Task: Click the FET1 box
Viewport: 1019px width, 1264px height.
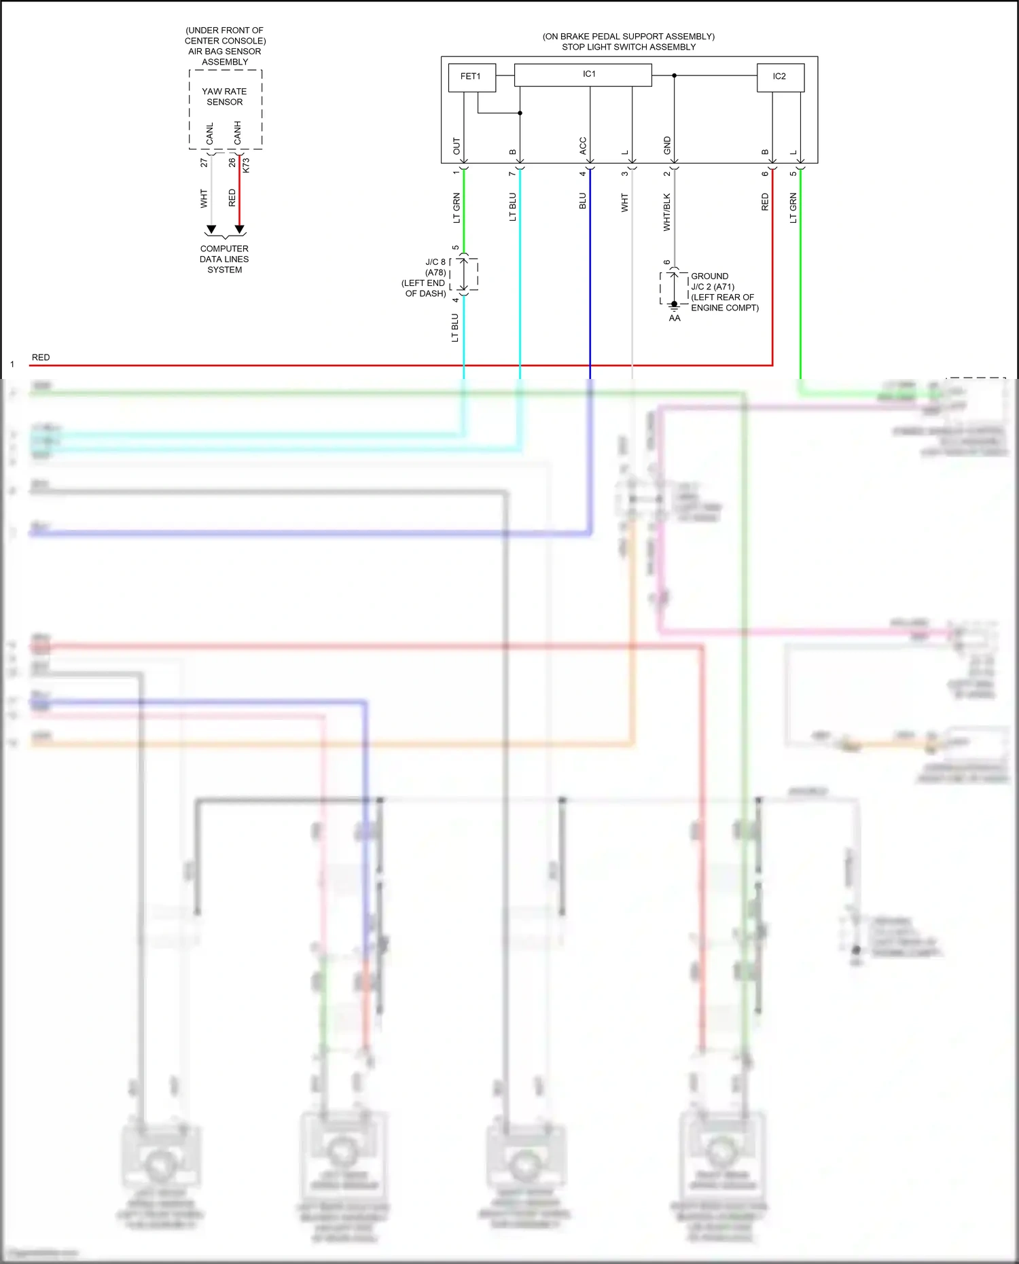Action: [x=471, y=77]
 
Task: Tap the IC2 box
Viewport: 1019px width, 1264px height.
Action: [x=780, y=77]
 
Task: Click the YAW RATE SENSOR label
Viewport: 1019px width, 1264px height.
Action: [x=225, y=96]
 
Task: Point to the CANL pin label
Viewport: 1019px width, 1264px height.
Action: [x=210, y=133]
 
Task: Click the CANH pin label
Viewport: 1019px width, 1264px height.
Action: [x=238, y=132]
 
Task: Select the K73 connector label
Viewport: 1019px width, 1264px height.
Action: [x=246, y=165]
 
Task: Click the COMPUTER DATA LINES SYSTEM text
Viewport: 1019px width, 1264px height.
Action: [x=224, y=259]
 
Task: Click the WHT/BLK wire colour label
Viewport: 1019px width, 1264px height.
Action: [x=667, y=212]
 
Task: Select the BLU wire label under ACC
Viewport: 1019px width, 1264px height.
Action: [x=582, y=201]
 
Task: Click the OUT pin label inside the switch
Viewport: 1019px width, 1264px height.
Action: [x=457, y=146]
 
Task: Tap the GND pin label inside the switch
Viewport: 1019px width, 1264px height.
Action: [x=667, y=144]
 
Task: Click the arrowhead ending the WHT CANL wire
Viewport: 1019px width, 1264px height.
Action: [x=211, y=230]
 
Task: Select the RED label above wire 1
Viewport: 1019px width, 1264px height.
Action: [x=41, y=357]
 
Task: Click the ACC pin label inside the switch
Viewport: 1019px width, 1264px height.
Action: [x=582, y=145]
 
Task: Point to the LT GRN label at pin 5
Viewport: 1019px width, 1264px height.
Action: [x=793, y=208]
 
